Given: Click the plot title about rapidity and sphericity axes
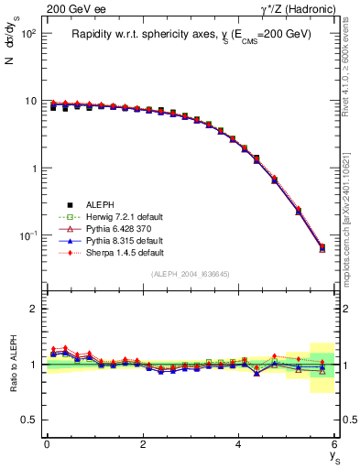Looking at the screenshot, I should click(192, 34).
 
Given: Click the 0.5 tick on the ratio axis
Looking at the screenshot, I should click(31, 420).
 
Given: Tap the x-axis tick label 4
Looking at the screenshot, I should click(238, 444).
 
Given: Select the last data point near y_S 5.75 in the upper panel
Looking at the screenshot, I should click(322, 247).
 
